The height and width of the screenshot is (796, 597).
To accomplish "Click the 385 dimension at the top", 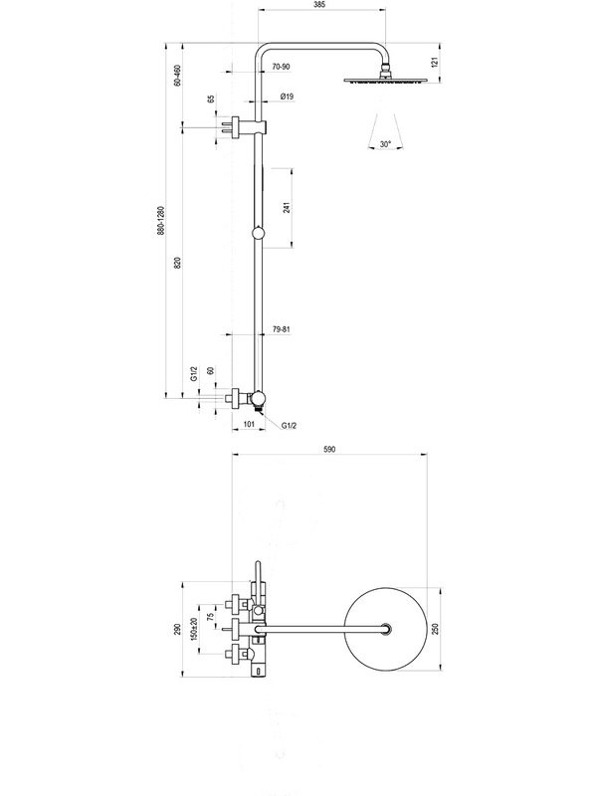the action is [319, 5].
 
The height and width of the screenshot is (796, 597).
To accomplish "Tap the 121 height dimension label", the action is [434, 63].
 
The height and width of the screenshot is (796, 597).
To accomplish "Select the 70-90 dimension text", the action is [281, 67].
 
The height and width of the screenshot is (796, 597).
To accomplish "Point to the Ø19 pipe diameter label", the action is [287, 97].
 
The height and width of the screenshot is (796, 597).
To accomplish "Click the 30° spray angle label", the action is [385, 144].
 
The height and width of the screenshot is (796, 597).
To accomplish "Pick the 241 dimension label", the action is [287, 207].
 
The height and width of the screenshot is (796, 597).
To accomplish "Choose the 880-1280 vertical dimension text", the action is [161, 220].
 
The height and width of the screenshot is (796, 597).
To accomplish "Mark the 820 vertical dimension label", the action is [177, 263].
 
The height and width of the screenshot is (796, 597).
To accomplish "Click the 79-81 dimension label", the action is [282, 329].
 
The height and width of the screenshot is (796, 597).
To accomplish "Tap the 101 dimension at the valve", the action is [249, 424].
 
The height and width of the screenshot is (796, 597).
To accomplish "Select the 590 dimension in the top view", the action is [329, 450].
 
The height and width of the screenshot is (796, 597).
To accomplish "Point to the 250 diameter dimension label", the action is [435, 629].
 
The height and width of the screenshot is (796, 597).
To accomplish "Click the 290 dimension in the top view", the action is [177, 630].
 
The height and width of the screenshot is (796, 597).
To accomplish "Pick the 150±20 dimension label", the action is [193, 629].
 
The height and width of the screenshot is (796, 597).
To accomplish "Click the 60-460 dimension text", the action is [177, 76].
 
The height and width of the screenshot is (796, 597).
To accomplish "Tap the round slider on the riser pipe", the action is [259, 233].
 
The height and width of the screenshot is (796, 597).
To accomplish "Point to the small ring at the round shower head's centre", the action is [386, 629].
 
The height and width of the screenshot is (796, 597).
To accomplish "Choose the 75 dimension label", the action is [211, 616].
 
